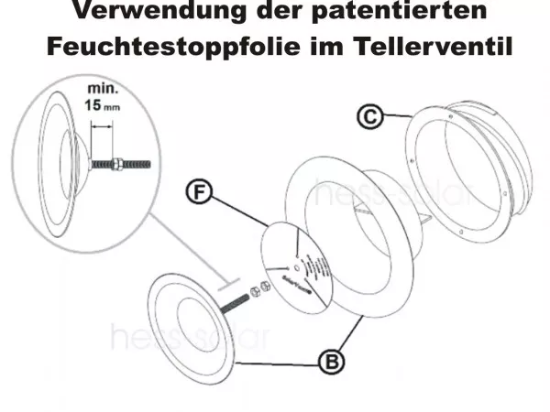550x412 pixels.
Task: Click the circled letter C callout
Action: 368,117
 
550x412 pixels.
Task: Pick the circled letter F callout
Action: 199,192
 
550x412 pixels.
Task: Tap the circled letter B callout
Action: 332,362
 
